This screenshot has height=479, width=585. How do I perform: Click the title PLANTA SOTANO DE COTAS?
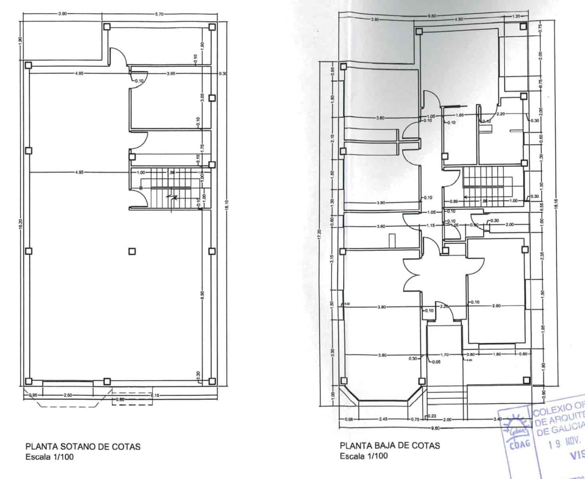83,446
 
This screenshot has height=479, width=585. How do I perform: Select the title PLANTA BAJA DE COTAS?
390,445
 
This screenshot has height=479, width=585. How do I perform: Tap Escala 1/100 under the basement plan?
50,457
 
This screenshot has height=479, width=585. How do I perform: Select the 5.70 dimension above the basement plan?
159,14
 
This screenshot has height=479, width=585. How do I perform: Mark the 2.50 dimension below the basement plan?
68,395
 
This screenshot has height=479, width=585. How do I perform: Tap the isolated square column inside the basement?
132,251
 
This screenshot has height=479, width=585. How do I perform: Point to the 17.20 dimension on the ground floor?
319,236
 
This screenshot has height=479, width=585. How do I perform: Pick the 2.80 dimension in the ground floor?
496,306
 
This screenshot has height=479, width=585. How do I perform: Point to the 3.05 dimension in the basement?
202,98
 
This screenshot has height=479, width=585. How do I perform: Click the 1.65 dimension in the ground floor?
460,115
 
